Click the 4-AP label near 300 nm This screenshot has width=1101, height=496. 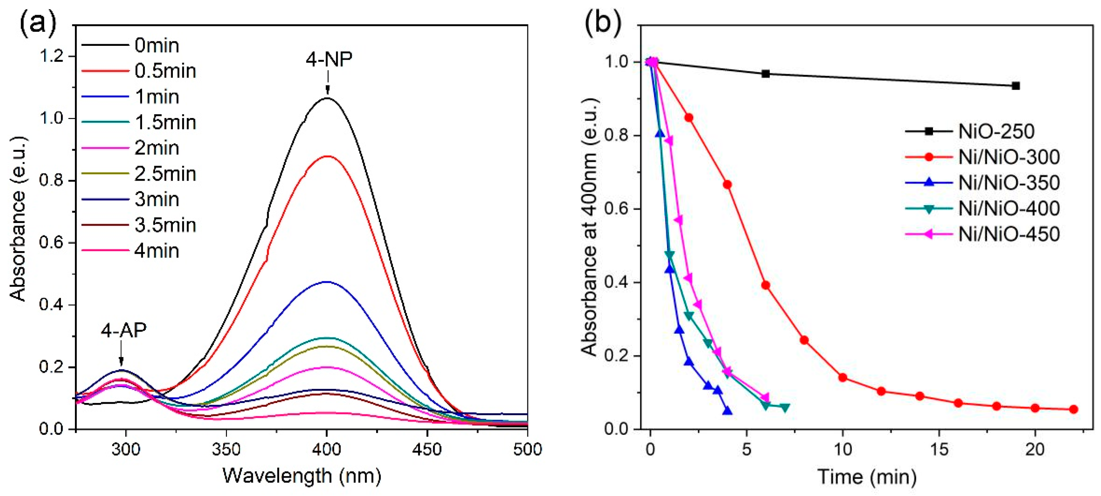pos(124,330)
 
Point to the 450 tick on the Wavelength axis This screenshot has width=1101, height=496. pos(427,449)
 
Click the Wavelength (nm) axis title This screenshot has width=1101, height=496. pos(302,476)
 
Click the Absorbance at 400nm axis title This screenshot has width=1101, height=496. pos(590,226)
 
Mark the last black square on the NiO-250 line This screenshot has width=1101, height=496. pos(1016,86)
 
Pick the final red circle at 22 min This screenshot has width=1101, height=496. pos(1073,409)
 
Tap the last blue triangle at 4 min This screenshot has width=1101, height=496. pos(728,410)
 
